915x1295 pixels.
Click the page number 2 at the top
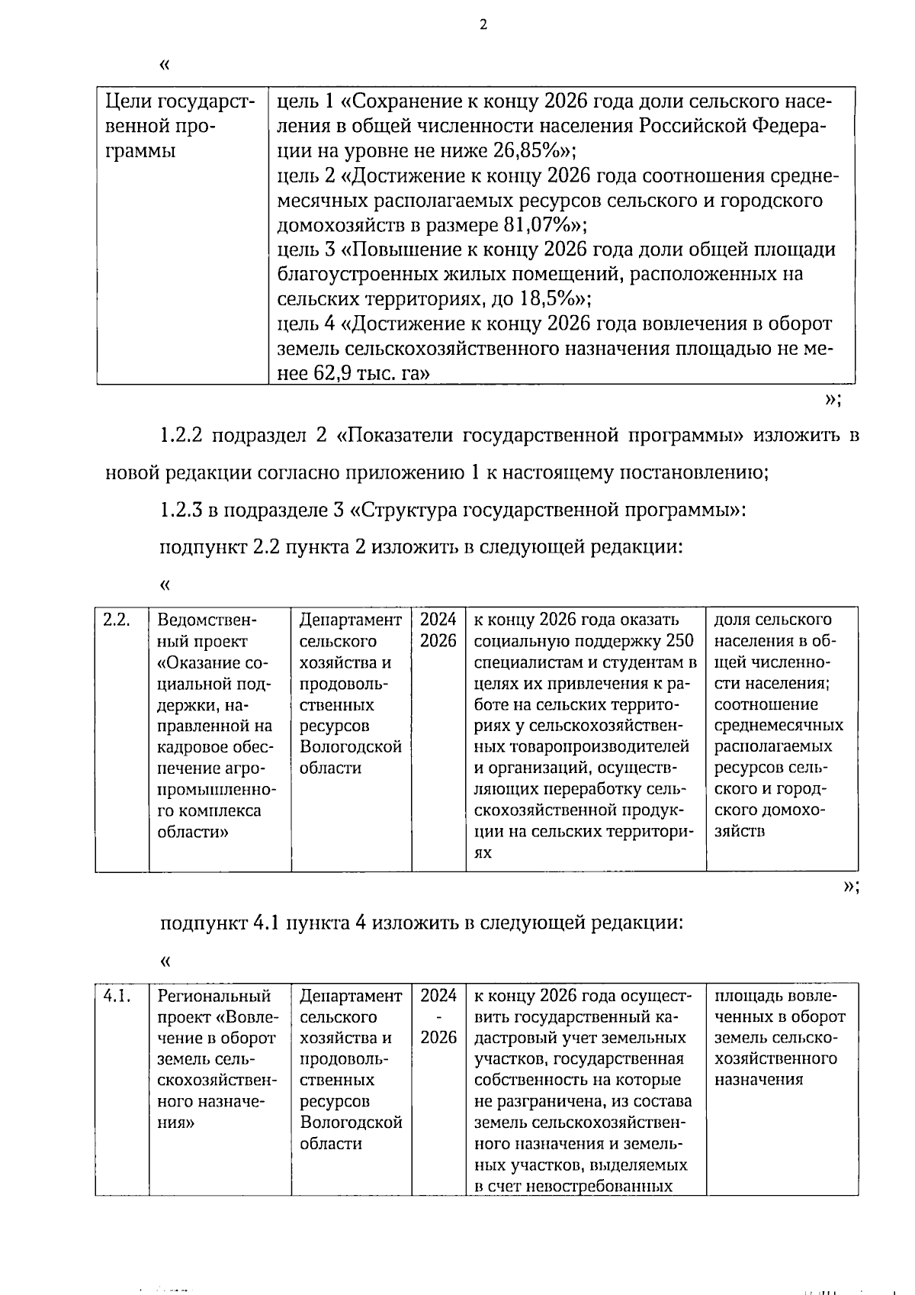[x=483, y=24]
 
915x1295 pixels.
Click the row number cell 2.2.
[x=117, y=620]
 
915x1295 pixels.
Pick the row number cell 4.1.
[x=117, y=996]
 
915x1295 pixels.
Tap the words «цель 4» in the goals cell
[x=306, y=324]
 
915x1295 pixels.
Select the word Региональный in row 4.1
[x=214, y=996]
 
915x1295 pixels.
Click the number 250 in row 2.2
[x=679, y=641]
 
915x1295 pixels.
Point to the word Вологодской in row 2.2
[x=351, y=747]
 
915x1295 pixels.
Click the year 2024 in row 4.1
[x=438, y=996]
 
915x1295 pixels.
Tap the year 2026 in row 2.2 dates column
[x=438, y=641]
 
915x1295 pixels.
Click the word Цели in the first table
[x=125, y=101]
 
